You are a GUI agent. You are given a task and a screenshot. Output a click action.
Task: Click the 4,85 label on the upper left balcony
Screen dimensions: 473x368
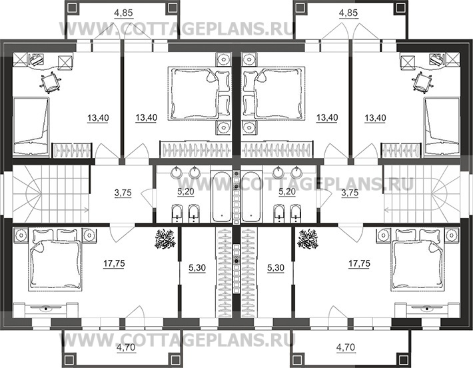124,13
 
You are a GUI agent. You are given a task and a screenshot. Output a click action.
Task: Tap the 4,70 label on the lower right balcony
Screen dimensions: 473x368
346,347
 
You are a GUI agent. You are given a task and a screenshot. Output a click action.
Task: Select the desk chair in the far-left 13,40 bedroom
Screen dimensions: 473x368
50,81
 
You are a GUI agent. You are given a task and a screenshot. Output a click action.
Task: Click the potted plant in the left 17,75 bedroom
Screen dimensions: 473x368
165,239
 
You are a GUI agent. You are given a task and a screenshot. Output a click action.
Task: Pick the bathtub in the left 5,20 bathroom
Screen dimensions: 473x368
222,196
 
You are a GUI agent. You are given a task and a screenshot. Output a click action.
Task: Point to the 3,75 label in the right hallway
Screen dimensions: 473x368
350,193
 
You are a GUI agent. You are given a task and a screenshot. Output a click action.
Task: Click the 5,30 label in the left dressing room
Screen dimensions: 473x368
197,267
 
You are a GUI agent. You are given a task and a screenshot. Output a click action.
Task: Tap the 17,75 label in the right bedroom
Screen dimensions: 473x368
359,263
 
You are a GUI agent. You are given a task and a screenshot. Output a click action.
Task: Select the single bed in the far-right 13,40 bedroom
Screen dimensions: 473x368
442,127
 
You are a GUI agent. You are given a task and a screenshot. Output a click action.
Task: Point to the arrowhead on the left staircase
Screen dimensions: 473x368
87,209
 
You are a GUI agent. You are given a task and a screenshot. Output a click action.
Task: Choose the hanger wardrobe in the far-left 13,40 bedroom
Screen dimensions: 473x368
72,150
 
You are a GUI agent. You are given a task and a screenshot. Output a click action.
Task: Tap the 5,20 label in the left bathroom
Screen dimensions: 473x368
185,191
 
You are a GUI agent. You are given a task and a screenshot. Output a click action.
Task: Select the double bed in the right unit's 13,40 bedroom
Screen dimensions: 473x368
273,93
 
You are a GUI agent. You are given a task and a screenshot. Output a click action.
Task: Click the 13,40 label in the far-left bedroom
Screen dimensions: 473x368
98,117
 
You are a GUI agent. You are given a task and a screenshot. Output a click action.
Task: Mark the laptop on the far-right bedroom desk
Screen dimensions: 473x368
437,59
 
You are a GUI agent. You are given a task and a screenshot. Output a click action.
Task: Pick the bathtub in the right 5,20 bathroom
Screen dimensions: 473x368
251,196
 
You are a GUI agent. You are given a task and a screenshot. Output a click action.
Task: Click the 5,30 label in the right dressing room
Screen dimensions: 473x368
276,267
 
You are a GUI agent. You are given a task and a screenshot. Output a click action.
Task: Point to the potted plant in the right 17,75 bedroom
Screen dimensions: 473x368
308,239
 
